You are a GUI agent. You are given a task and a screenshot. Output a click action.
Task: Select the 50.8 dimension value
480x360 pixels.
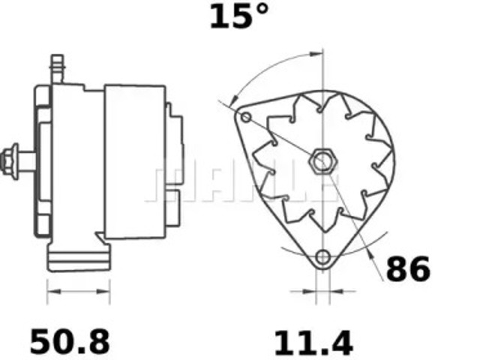pos(69,342)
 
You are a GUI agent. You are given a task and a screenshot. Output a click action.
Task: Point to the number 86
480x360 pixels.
pos(408,268)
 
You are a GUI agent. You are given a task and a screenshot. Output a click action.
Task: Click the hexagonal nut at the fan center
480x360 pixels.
pos(322,160)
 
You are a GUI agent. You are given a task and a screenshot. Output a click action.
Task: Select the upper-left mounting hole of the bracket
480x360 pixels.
pos(246,117)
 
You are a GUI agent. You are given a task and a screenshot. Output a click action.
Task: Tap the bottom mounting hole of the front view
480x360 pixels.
pos(322,258)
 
